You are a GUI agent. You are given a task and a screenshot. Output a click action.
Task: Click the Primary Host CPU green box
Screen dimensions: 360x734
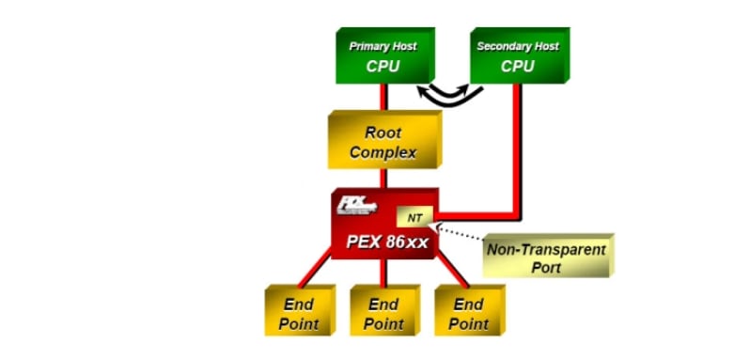coord(383,56)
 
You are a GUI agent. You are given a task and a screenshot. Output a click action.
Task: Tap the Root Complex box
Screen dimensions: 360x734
coord(383,142)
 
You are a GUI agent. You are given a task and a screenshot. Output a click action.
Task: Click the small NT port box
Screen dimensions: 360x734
coord(414,217)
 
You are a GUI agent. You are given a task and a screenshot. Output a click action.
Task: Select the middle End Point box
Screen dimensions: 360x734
coord(383,314)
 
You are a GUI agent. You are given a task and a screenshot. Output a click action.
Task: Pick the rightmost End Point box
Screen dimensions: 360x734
coord(467,314)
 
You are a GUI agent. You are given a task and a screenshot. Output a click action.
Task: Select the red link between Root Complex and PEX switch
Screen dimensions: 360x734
coord(383,179)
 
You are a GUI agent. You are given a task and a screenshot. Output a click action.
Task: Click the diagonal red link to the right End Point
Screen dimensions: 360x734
coord(451,271)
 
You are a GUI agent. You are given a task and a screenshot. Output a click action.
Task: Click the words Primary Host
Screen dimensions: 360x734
coord(383,46)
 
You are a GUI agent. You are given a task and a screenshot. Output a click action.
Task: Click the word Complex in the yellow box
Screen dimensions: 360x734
coord(383,152)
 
